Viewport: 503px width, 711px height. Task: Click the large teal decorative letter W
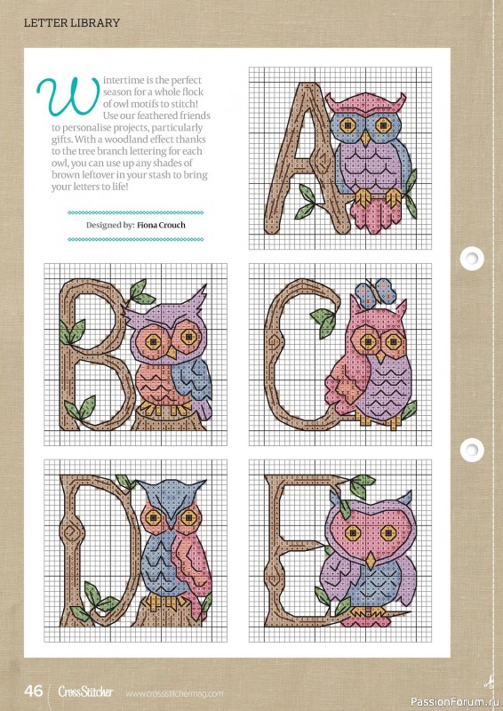pos(68,96)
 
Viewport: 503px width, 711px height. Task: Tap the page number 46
pos(34,691)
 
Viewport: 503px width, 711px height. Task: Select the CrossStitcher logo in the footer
pos(85,692)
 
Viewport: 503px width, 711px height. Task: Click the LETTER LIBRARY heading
pos(72,23)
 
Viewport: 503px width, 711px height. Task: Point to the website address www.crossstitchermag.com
pos(174,694)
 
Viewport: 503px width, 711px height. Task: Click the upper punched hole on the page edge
pos(472,259)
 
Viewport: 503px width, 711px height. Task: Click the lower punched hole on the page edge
pos(472,450)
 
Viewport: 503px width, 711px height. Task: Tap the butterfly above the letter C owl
pos(376,292)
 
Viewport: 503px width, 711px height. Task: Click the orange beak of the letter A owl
pos(365,138)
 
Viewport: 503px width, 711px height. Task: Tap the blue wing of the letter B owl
pos(195,381)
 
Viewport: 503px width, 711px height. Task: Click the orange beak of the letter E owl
pos(371,561)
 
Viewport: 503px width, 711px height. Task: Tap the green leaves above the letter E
pos(362,486)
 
